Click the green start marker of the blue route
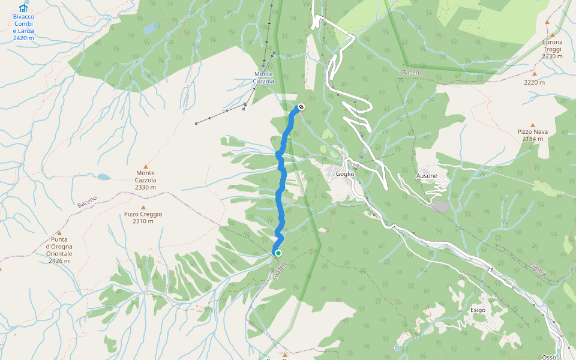(x=278, y=253)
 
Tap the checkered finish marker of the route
(x=301, y=107)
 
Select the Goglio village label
(x=345, y=174)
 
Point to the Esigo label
(x=478, y=310)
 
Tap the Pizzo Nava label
(x=532, y=131)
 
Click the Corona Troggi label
(x=552, y=46)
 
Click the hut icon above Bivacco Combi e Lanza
(x=23, y=8)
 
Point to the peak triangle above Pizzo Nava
(x=532, y=125)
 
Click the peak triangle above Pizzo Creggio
(x=143, y=207)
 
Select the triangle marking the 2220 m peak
(x=534, y=74)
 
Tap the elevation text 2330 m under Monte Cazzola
(x=145, y=187)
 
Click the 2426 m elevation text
(x=59, y=261)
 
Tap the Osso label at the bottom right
(x=549, y=357)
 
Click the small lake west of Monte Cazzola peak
(x=103, y=177)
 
